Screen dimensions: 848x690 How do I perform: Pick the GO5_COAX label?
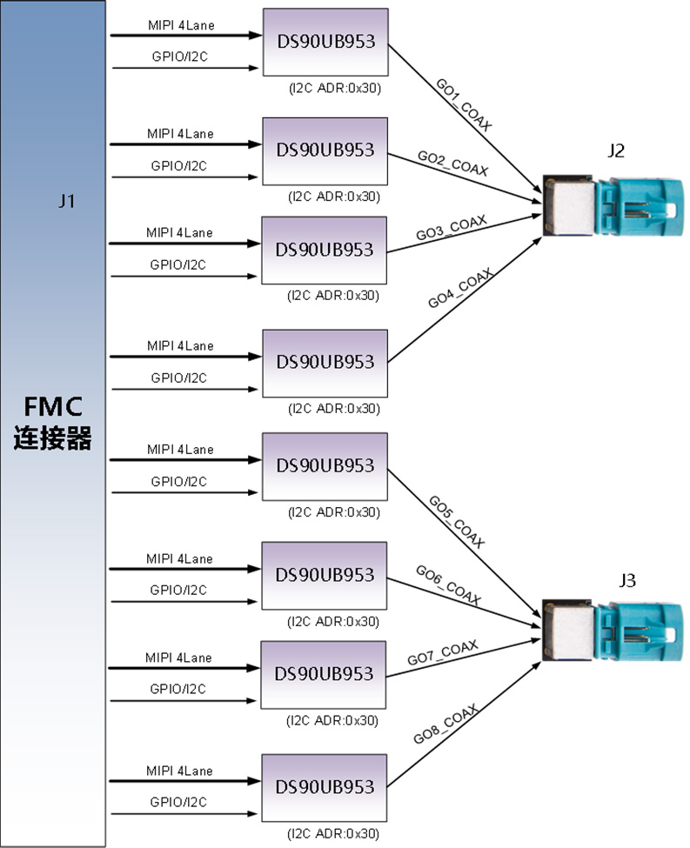(x=456, y=520)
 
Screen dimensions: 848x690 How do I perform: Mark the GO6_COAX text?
(x=447, y=585)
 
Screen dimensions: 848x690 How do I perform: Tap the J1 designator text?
(x=67, y=202)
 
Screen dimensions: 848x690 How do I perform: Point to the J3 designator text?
(x=624, y=580)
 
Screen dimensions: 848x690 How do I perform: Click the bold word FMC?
(x=52, y=407)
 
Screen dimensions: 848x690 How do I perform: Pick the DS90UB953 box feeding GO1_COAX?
(x=325, y=42)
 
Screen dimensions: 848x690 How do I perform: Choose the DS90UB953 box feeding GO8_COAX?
(x=325, y=786)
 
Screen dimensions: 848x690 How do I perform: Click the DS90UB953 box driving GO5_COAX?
(x=325, y=464)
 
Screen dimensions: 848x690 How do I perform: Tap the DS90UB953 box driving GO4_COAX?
(x=325, y=361)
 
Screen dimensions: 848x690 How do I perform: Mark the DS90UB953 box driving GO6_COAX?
(x=325, y=575)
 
